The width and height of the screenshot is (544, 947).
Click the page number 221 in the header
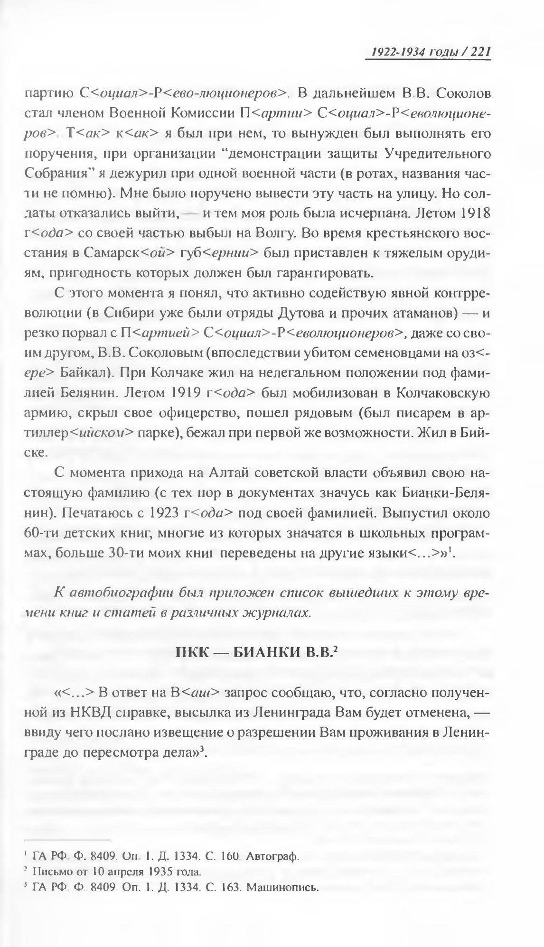[480, 51]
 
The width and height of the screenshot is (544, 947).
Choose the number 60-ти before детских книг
[43, 533]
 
